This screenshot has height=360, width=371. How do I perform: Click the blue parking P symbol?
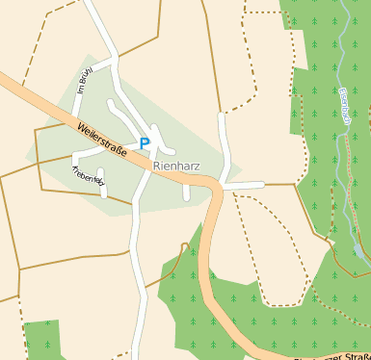point(145,143)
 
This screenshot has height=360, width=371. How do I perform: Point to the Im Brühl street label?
point(84,92)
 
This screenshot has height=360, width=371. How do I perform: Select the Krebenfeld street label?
point(86,175)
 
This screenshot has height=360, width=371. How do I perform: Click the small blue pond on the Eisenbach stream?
point(358,251)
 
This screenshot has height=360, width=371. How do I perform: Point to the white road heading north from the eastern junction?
point(225,144)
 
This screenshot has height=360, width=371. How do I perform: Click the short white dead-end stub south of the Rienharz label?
point(186,192)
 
